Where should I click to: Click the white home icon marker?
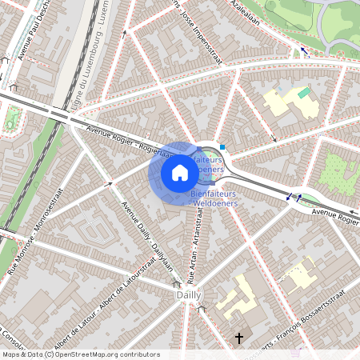click(179, 173)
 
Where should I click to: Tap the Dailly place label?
click(187, 295)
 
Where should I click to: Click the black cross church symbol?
click(238, 339)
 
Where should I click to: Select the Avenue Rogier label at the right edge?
click(335, 214)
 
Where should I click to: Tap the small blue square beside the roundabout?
click(222, 147)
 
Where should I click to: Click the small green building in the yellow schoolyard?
click(303, 93)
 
